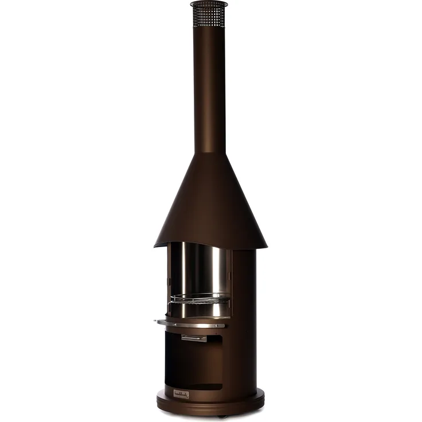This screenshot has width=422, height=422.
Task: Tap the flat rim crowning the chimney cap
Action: pyautogui.click(x=209, y=4)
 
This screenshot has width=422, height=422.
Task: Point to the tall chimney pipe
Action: pyautogui.click(x=209, y=86)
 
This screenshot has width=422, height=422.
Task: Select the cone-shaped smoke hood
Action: pyautogui.click(x=210, y=201)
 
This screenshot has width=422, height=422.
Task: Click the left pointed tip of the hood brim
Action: pyautogui.click(x=155, y=245)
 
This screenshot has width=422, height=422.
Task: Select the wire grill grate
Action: pyautogui.click(x=200, y=298)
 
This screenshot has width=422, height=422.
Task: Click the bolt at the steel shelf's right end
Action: pyautogui.click(x=223, y=325)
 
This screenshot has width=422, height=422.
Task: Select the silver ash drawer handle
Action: pyautogui.click(x=194, y=338)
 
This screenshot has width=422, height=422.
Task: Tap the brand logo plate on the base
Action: pyautogui.click(x=181, y=394)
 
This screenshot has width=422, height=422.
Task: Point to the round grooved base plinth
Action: pyautogui.click(x=210, y=404)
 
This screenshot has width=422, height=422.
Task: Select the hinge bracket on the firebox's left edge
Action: pyautogui.click(x=168, y=281)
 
